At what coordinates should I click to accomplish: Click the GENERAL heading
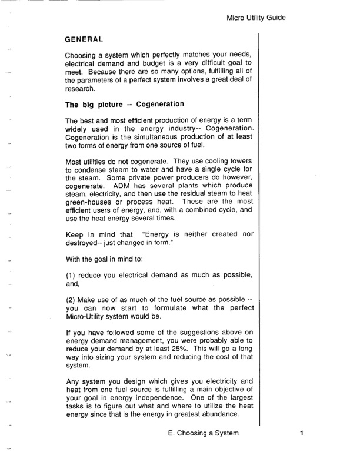click(x=84, y=39)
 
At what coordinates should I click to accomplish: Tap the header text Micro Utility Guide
click(x=256, y=18)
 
